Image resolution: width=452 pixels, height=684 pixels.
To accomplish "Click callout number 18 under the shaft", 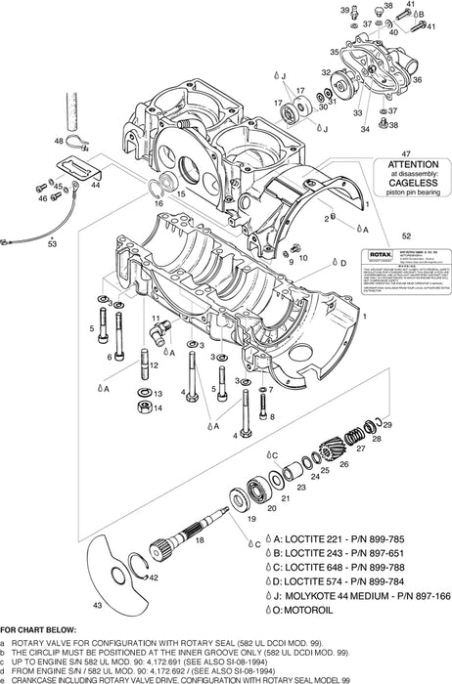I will [200, 538].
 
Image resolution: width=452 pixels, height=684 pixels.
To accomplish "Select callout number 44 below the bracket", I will [96, 184].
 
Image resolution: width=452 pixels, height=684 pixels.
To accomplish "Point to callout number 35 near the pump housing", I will [334, 51].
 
